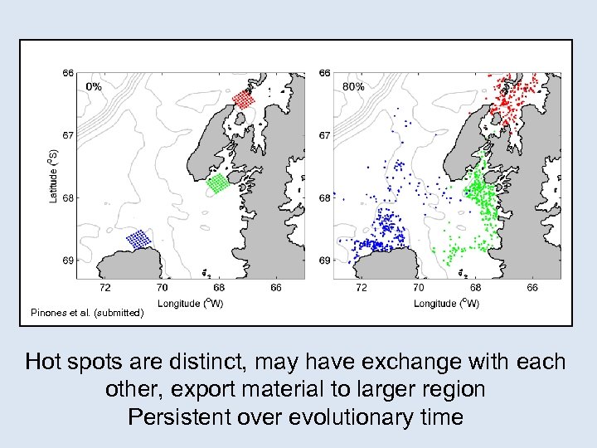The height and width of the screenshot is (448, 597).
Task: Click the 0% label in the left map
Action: [94, 86]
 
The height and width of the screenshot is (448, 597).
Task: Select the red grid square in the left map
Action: [244, 98]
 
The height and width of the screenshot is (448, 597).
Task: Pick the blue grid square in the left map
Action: [139, 240]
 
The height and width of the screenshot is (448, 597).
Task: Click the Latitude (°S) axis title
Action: [53, 176]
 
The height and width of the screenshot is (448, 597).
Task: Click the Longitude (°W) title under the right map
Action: [447, 303]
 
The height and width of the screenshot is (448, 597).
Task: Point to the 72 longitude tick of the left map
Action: [105, 288]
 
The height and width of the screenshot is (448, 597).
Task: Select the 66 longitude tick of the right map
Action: [531, 288]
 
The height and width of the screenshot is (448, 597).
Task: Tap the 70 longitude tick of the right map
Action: [418, 288]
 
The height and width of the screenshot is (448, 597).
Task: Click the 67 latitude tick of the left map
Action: [69, 135]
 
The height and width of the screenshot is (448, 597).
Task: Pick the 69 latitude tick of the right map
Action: [325, 261]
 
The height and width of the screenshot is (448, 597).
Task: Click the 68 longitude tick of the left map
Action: [219, 288]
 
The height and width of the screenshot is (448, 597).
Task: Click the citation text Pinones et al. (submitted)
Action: [87, 313]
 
